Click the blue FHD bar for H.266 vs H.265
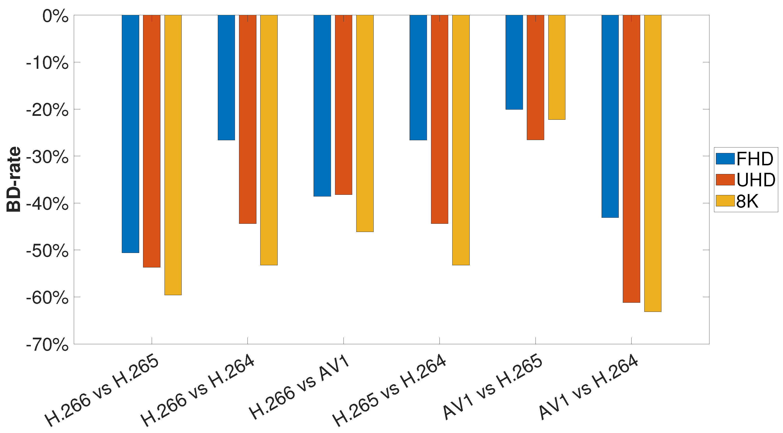[x=130, y=134]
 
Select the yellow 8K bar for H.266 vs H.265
[x=173, y=155]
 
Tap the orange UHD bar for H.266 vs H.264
[x=247, y=119]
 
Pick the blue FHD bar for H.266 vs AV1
[x=322, y=105]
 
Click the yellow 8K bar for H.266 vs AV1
[x=365, y=123]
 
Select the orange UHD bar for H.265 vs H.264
[x=439, y=119]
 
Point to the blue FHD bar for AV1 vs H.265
[x=514, y=62]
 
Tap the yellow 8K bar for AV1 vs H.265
[x=556, y=67]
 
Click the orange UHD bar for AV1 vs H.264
[x=631, y=159]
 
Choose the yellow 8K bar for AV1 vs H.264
[x=652, y=163]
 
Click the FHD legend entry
[x=745, y=159]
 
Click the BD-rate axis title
[x=14, y=179]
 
